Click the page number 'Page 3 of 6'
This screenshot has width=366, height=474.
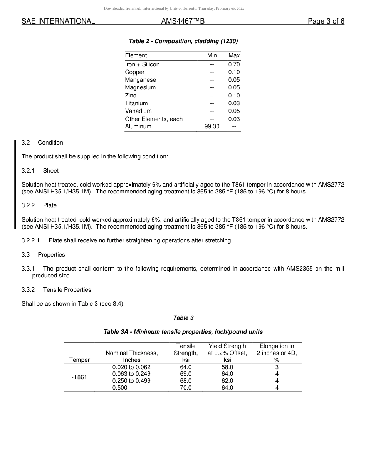point(326,21)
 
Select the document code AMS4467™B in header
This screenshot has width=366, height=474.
point(183,21)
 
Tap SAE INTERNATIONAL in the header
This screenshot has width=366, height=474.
point(58,21)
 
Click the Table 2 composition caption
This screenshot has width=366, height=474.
point(183,41)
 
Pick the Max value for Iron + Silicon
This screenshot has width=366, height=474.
point(234,64)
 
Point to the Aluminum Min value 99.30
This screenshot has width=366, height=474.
point(212,126)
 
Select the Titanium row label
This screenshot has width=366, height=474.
point(136,103)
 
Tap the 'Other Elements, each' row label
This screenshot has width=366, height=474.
point(154,119)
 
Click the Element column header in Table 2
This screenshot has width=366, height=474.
point(136,55)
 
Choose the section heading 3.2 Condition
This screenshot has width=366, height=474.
point(42,143)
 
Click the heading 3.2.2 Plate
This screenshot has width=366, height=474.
point(39,205)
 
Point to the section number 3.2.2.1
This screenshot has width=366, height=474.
point(30,240)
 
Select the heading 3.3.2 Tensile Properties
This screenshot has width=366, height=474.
point(56,290)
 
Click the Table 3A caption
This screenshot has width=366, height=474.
point(183,332)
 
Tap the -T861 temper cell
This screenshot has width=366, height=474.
point(79,377)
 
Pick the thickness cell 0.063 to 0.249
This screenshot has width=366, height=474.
point(131,374)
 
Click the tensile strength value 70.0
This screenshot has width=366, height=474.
point(186,388)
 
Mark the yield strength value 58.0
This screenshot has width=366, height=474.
point(227,367)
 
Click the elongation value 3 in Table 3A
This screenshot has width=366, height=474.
point(277,367)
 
